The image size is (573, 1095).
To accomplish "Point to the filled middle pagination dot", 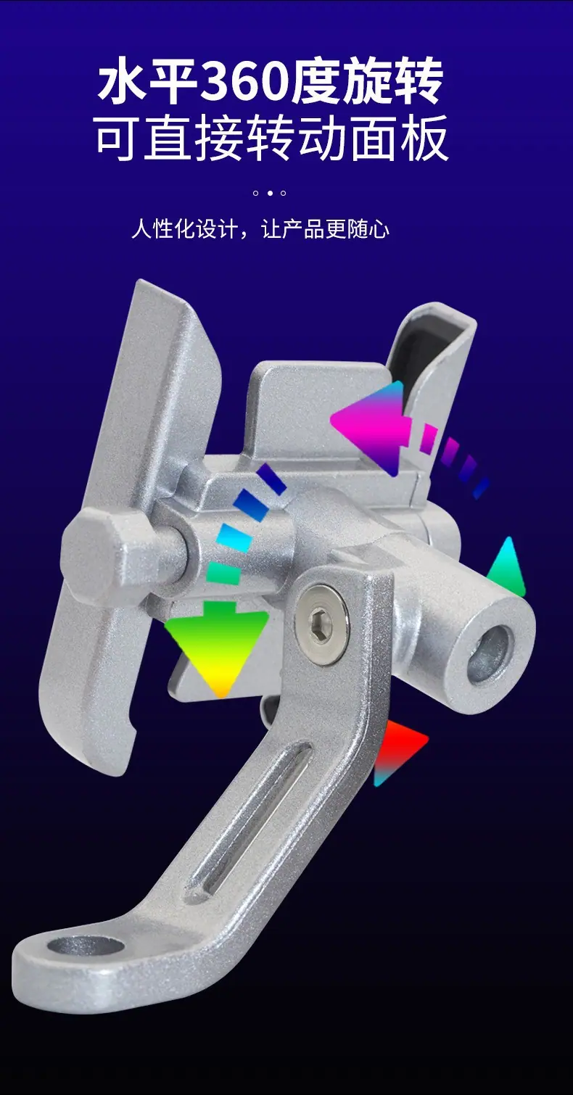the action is (x=269, y=193).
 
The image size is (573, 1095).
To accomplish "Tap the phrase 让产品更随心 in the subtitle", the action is (x=326, y=228).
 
